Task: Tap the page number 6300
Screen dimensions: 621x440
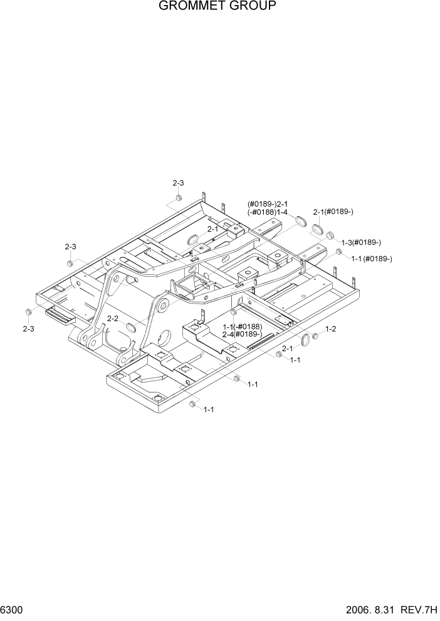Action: pyautogui.click(x=11, y=610)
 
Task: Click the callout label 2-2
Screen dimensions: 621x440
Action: pyautogui.click(x=113, y=319)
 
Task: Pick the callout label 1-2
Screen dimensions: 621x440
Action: pyautogui.click(x=330, y=329)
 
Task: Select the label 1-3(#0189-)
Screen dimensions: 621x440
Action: pyautogui.click(x=361, y=242)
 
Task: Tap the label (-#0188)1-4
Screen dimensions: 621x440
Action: pyautogui.click(x=267, y=212)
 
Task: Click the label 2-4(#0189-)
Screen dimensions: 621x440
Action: pyautogui.click(x=242, y=334)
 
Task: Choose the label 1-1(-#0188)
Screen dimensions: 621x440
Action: pyautogui.click(x=243, y=327)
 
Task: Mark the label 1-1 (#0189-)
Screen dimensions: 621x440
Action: pyautogui.click(x=371, y=259)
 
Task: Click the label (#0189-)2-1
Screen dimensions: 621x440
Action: pyautogui.click(x=267, y=204)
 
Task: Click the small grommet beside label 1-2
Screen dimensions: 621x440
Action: pyautogui.click(x=316, y=336)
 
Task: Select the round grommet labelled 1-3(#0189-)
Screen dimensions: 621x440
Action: pyautogui.click(x=330, y=235)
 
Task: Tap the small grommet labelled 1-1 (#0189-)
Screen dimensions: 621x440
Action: pyautogui.click(x=339, y=252)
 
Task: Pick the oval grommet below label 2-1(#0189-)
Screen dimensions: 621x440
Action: pyautogui.click(x=317, y=228)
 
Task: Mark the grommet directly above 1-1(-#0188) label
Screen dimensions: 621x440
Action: pyautogui.click(x=234, y=312)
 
